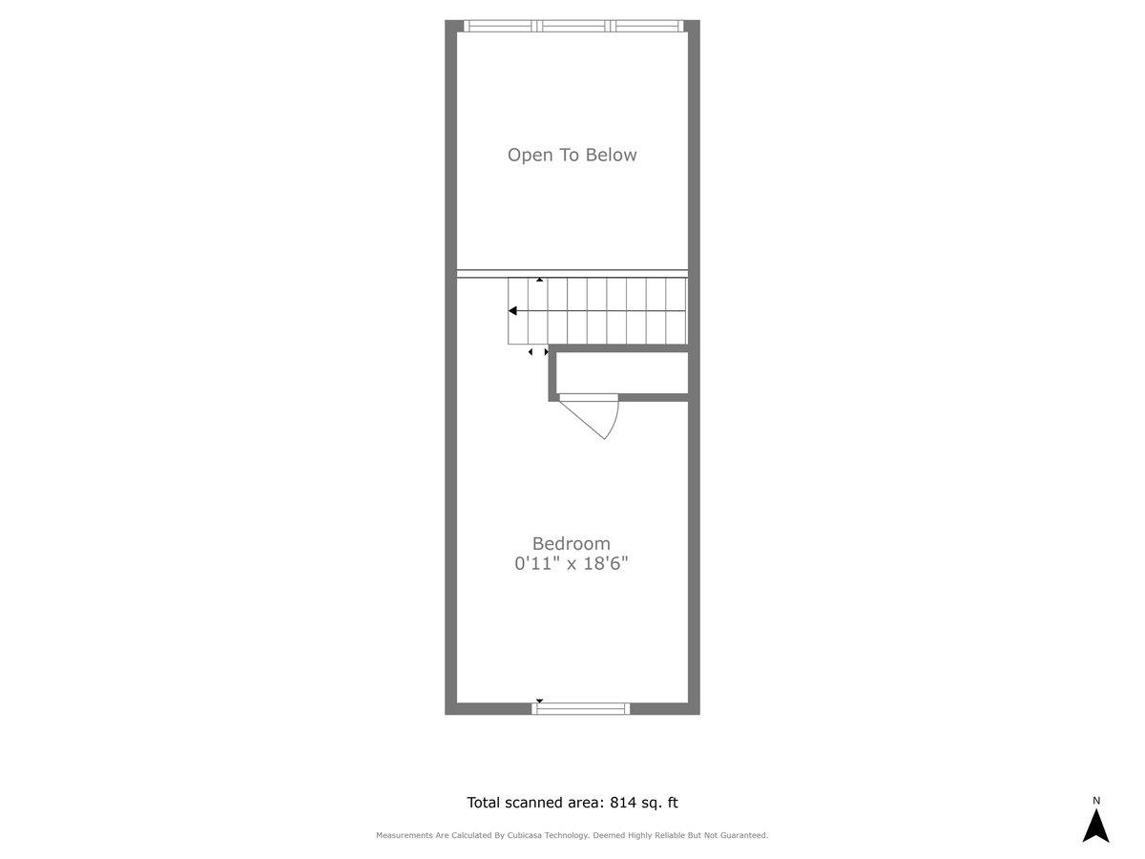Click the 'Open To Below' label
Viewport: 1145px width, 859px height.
click(572, 155)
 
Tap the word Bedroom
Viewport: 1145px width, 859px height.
click(572, 543)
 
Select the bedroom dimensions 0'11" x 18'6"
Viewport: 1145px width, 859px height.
click(572, 563)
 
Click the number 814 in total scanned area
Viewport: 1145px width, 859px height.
click(623, 802)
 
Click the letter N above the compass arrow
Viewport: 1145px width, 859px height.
click(1096, 801)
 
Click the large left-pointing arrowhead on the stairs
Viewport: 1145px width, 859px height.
click(512, 311)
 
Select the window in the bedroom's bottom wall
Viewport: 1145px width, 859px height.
click(580, 708)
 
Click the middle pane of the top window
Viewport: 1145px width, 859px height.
click(573, 26)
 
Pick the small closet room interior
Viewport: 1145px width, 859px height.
click(622, 373)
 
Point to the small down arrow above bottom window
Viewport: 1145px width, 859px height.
click(539, 701)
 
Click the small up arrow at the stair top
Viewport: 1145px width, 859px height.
click(539, 280)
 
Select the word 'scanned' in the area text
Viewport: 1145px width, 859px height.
click(534, 802)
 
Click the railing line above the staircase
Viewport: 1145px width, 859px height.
click(572, 274)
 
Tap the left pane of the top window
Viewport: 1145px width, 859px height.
click(499, 26)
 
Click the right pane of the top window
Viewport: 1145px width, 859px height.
click(647, 26)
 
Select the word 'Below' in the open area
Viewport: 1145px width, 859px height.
click(611, 155)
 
